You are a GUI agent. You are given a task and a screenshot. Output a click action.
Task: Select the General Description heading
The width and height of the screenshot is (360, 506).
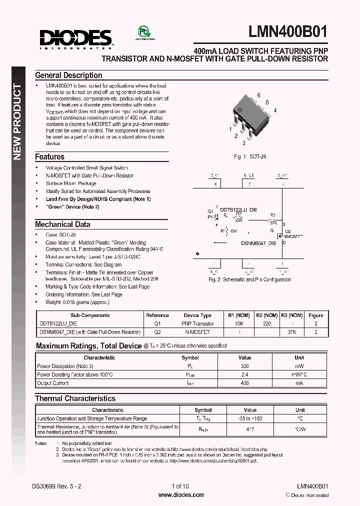pyautogui.click(x=68, y=75)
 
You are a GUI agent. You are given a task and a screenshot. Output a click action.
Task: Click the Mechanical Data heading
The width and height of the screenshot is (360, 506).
pyautogui.click(x=62, y=224)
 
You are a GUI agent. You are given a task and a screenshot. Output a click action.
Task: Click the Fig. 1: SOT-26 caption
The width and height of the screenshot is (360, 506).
pyautogui.click(x=250, y=156)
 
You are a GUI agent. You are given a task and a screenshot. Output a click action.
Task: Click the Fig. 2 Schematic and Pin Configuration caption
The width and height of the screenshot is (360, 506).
pyautogui.click(x=250, y=279)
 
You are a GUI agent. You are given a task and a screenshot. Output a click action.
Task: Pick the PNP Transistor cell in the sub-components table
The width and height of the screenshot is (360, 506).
pyautogui.click(x=198, y=324)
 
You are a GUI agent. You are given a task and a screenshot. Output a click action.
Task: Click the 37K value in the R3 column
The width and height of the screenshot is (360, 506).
pyautogui.click(x=291, y=332)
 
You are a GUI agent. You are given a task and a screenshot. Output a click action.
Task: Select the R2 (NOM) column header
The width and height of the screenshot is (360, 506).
pyautogui.click(x=266, y=315)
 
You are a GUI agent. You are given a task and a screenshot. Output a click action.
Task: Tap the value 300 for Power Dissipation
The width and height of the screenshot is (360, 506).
pyautogui.click(x=244, y=366)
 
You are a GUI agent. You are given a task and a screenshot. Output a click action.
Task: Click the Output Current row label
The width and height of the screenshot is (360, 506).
pyautogui.click(x=53, y=383)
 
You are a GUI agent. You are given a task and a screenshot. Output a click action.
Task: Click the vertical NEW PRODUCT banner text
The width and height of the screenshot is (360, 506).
pyautogui.click(x=17, y=122)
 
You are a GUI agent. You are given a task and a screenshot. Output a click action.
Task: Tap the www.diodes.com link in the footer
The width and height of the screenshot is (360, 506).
pyautogui.click(x=181, y=495)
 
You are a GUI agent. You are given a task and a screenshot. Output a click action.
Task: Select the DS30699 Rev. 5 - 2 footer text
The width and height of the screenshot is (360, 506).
pyautogui.click(x=57, y=486)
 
